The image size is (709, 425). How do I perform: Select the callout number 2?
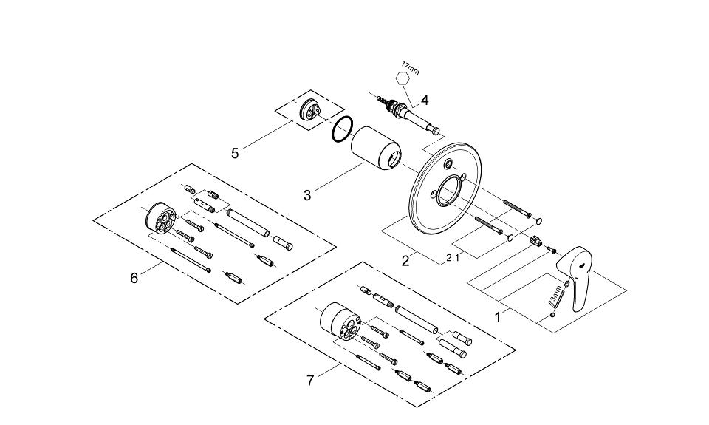click(x=405, y=260)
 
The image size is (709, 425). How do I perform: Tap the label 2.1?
click(x=453, y=259)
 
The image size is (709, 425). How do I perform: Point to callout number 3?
click(x=307, y=195)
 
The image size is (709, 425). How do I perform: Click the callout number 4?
click(x=425, y=99)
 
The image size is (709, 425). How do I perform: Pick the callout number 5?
click(x=235, y=153)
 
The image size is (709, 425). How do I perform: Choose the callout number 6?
click(x=134, y=279)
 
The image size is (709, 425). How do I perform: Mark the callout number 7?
click(x=310, y=380)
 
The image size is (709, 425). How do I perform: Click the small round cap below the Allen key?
click(x=553, y=316)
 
